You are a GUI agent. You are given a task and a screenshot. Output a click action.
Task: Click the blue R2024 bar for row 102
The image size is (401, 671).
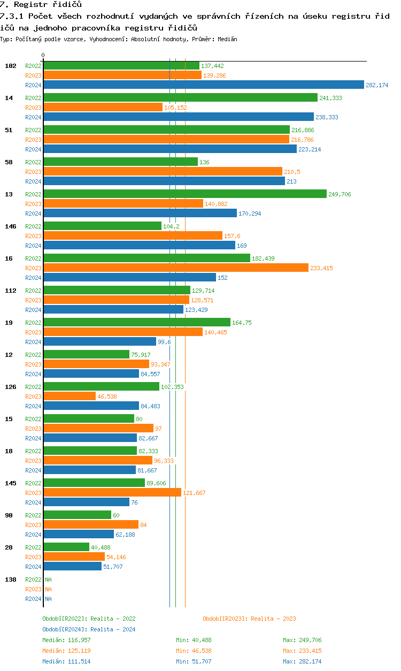[203, 85]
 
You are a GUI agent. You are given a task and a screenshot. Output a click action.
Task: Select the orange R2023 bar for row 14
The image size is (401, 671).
[103, 107]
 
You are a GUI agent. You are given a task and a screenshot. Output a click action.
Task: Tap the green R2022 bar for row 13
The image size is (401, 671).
[184, 194]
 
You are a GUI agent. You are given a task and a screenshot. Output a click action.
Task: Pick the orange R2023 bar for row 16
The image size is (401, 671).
[175, 268]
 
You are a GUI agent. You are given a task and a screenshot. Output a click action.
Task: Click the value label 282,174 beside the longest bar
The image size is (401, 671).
[377, 85]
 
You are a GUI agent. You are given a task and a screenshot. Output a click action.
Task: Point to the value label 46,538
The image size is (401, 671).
[107, 396]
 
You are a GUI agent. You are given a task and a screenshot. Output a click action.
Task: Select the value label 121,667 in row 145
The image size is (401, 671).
[194, 493]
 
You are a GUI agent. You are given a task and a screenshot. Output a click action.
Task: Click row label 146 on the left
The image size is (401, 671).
[11, 226]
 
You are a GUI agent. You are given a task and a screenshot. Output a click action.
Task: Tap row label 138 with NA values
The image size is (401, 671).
[11, 579]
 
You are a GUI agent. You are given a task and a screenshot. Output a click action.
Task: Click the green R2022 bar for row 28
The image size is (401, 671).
[66, 547]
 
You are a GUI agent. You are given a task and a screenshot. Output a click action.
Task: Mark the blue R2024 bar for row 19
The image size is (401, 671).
[99, 341]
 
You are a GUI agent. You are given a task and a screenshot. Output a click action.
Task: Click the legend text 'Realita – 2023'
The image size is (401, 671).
[273, 619]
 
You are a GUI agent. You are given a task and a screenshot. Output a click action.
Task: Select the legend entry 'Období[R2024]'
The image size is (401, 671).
[65, 629]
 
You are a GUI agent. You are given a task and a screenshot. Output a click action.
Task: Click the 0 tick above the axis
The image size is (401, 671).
[43, 55]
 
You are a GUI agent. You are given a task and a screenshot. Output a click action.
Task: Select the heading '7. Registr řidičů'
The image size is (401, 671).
[41, 4]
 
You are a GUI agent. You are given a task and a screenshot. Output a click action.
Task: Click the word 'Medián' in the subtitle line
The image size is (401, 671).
[227, 39]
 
